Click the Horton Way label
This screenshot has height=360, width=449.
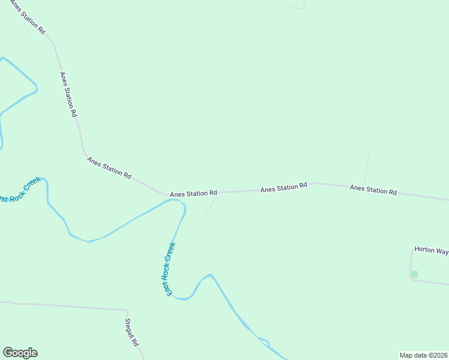pos(431,251)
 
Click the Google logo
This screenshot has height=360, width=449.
pos(20,353)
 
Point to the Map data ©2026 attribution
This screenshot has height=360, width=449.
pos(423,355)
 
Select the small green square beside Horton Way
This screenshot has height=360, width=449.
pos(414,274)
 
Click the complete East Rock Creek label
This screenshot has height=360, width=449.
pos(170,268)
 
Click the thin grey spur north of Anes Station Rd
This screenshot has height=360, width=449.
pos(367,167)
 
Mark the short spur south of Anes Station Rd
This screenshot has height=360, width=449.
pos(211,206)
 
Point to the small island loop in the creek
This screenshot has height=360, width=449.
pos(264,343)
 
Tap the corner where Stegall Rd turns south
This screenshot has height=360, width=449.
pos(127,311)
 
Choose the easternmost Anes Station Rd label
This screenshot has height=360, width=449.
pos(373,190)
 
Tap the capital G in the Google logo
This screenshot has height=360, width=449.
pos(8,353)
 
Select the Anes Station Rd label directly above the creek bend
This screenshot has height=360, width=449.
pos(193,194)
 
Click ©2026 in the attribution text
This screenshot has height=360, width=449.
pos(436,355)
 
